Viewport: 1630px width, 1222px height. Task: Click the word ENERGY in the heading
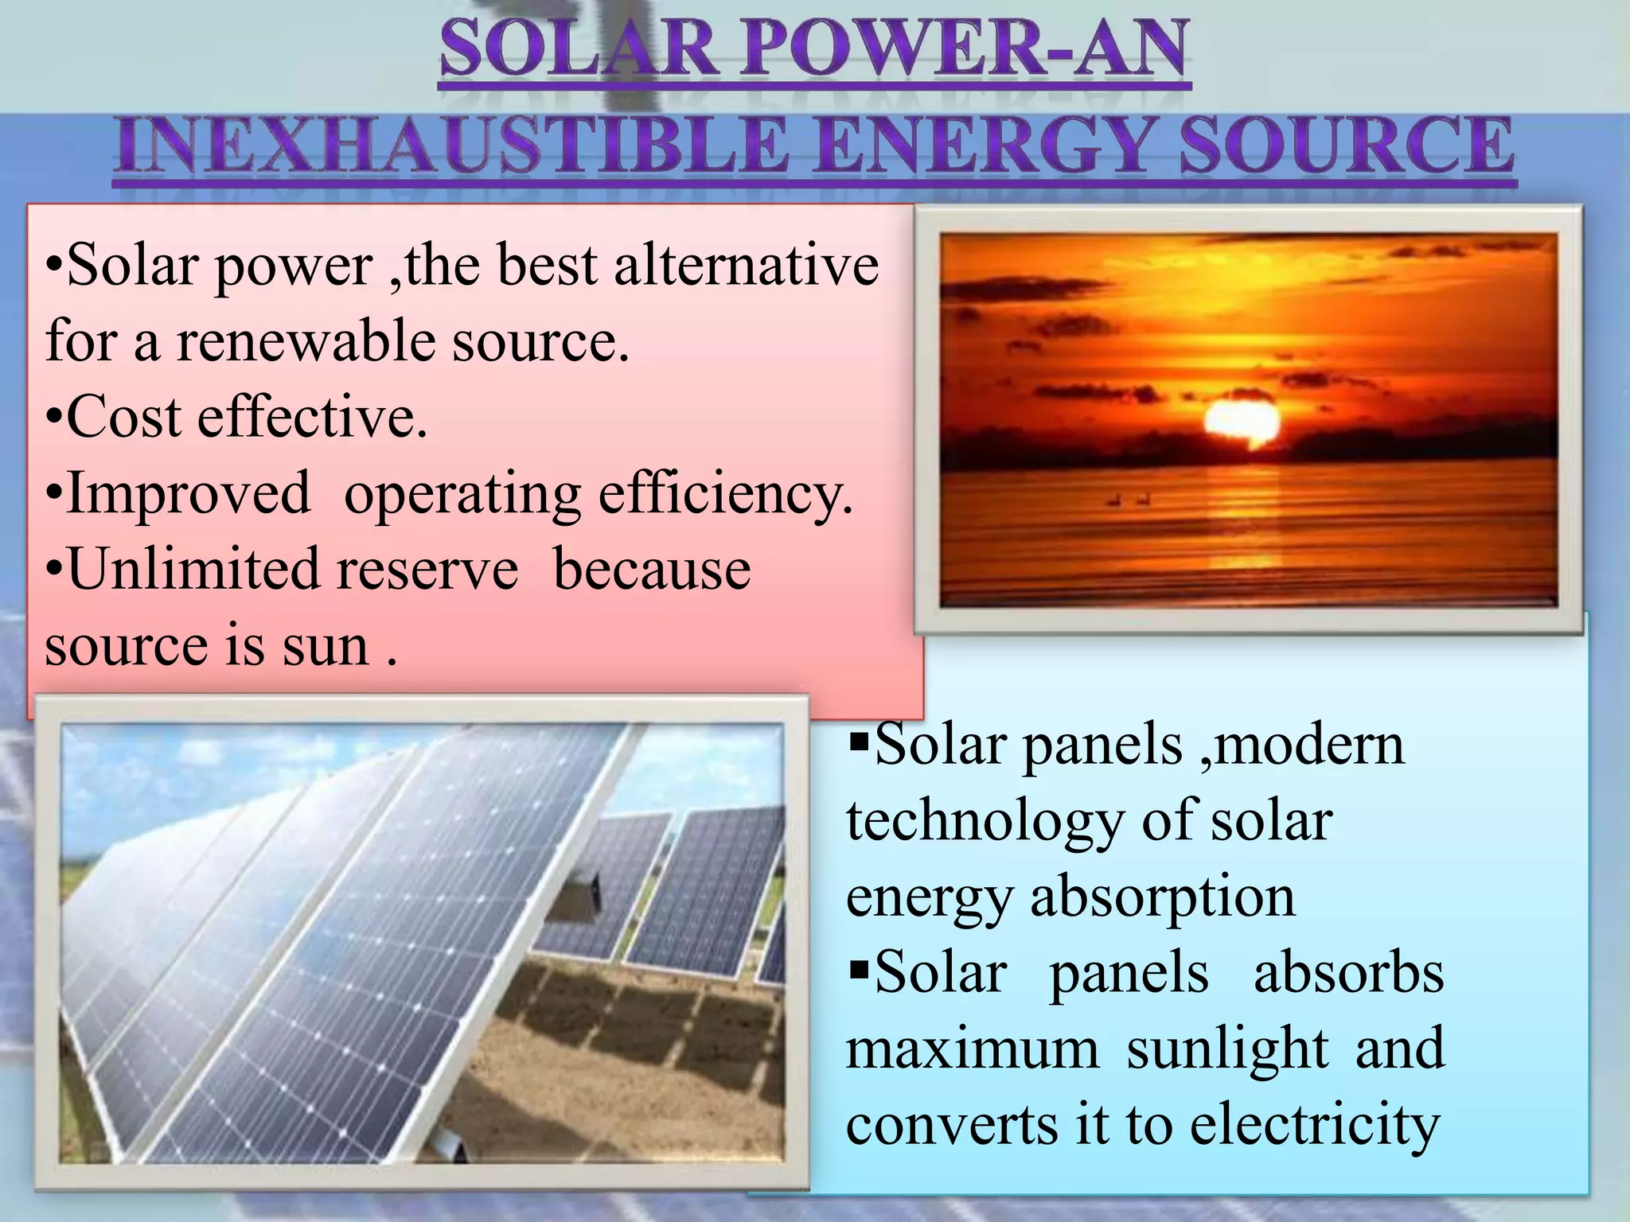(986, 146)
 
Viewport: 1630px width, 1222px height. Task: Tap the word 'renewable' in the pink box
(306, 341)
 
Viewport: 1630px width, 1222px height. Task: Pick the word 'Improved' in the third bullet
(188, 493)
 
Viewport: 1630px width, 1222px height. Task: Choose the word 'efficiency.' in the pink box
(724, 493)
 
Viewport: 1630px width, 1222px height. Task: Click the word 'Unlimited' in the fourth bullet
(192, 569)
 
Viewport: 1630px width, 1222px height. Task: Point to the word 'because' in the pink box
(651, 569)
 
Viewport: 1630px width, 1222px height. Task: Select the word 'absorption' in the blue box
(1163, 896)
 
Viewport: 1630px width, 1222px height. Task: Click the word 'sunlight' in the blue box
(1227, 1049)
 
